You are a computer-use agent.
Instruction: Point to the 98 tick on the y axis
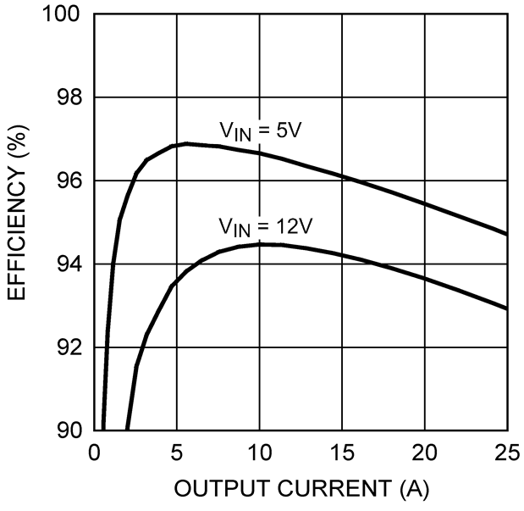(69, 98)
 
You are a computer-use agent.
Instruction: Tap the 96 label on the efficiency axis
(69, 181)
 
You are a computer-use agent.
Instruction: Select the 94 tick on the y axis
(69, 264)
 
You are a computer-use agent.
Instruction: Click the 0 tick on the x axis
(94, 451)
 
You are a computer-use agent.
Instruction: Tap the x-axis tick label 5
(176, 451)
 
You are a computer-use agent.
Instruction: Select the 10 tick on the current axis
(259, 451)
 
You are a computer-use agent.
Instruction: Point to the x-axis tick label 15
(342, 451)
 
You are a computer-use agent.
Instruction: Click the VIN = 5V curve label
(256, 131)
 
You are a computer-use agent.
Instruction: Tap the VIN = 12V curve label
(261, 227)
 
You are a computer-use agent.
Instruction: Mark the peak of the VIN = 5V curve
(186, 143)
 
